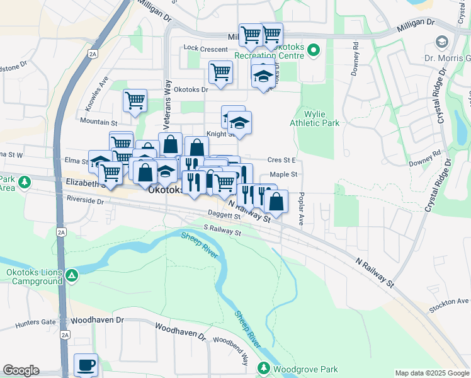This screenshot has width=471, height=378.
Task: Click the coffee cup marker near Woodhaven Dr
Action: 86,365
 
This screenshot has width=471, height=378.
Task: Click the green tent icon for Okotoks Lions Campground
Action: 73,275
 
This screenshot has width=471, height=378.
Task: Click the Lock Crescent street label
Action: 205,49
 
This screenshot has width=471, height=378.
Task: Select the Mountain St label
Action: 99,121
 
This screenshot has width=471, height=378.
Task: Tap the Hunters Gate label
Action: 36,321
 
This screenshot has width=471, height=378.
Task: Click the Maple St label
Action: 283,174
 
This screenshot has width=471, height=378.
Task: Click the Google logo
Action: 21,370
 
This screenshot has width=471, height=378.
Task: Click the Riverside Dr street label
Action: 84,200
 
